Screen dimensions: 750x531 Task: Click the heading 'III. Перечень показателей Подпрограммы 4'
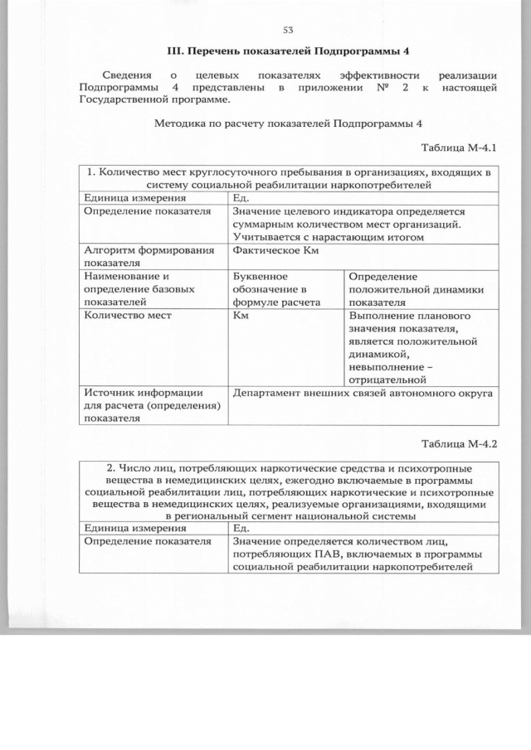click(289, 51)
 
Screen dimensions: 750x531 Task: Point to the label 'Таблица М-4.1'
click(458, 148)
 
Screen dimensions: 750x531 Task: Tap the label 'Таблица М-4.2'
click(458, 442)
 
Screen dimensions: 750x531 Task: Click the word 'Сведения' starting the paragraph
click(117, 74)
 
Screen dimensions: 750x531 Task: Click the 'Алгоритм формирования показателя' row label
click(146, 256)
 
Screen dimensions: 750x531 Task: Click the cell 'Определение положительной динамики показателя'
click(416, 289)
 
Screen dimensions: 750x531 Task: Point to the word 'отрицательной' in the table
click(387, 378)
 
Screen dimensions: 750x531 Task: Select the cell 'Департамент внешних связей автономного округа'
click(363, 393)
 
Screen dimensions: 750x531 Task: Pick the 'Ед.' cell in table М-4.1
click(241, 198)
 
